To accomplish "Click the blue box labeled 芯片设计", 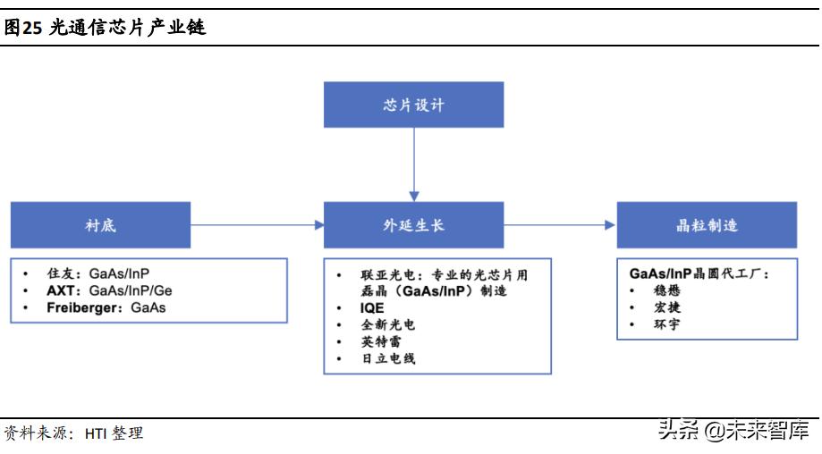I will (x=413, y=105).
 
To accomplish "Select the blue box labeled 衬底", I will (x=100, y=225).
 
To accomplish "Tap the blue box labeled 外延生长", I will (x=413, y=225).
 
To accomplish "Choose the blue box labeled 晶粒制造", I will (x=707, y=225).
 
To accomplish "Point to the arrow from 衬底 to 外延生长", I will (x=257, y=225).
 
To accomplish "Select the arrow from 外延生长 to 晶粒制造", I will (x=560, y=225).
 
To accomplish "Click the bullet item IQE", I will (x=372, y=308).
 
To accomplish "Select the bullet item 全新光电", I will (x=387, y=325).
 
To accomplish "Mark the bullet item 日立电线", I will (x=387, y=358).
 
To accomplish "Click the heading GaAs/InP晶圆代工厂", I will (x=699, y=274).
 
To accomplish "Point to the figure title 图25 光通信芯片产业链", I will (x=105, y=28).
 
